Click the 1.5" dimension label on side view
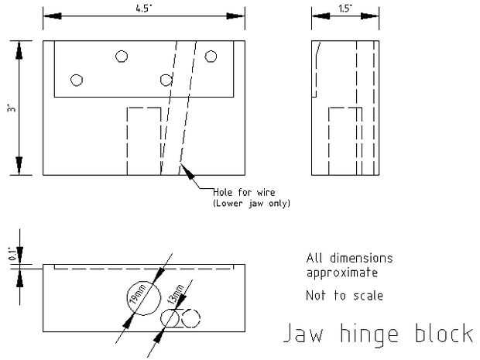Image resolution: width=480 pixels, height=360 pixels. click(345, 9)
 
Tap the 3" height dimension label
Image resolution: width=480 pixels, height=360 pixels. click(9, 108)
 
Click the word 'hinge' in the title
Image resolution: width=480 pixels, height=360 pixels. click(370, 334)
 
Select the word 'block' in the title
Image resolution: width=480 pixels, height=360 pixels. click(442, 334)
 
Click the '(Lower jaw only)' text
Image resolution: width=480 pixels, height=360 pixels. click(245, 204)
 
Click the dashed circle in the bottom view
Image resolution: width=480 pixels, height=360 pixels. click(190, 317)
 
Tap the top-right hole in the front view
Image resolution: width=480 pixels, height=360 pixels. click(210, 55)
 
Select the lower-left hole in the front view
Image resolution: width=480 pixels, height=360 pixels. click(76, 80)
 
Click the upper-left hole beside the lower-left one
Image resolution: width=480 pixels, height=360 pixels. click(122, 55)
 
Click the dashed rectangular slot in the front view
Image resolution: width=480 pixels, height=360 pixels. click(143, 140)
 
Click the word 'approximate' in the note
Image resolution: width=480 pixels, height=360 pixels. click(343, 273)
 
